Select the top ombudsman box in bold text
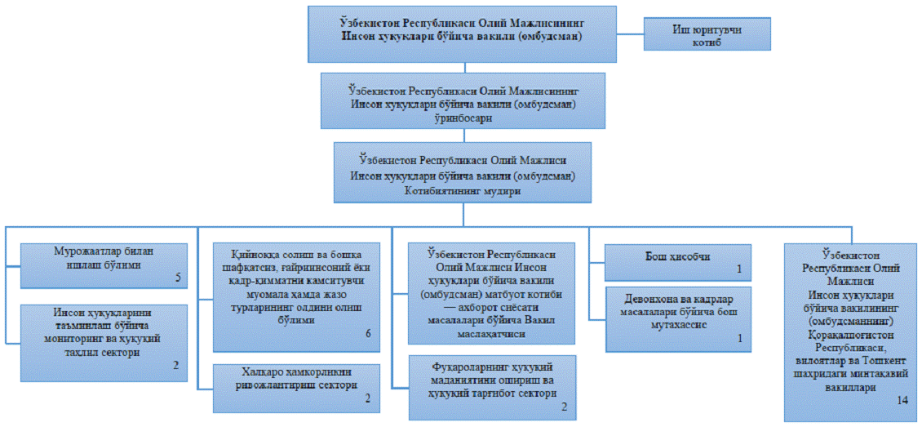[462, 34]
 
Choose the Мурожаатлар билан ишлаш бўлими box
[104, 266]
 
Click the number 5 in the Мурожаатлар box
[178, 278]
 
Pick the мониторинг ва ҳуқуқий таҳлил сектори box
[104, 343]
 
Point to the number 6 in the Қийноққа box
[368, 333]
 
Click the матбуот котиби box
[491, 293]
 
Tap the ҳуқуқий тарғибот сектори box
[491, 387]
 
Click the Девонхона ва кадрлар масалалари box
[678, 319]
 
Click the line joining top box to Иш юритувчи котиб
[631, 33]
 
